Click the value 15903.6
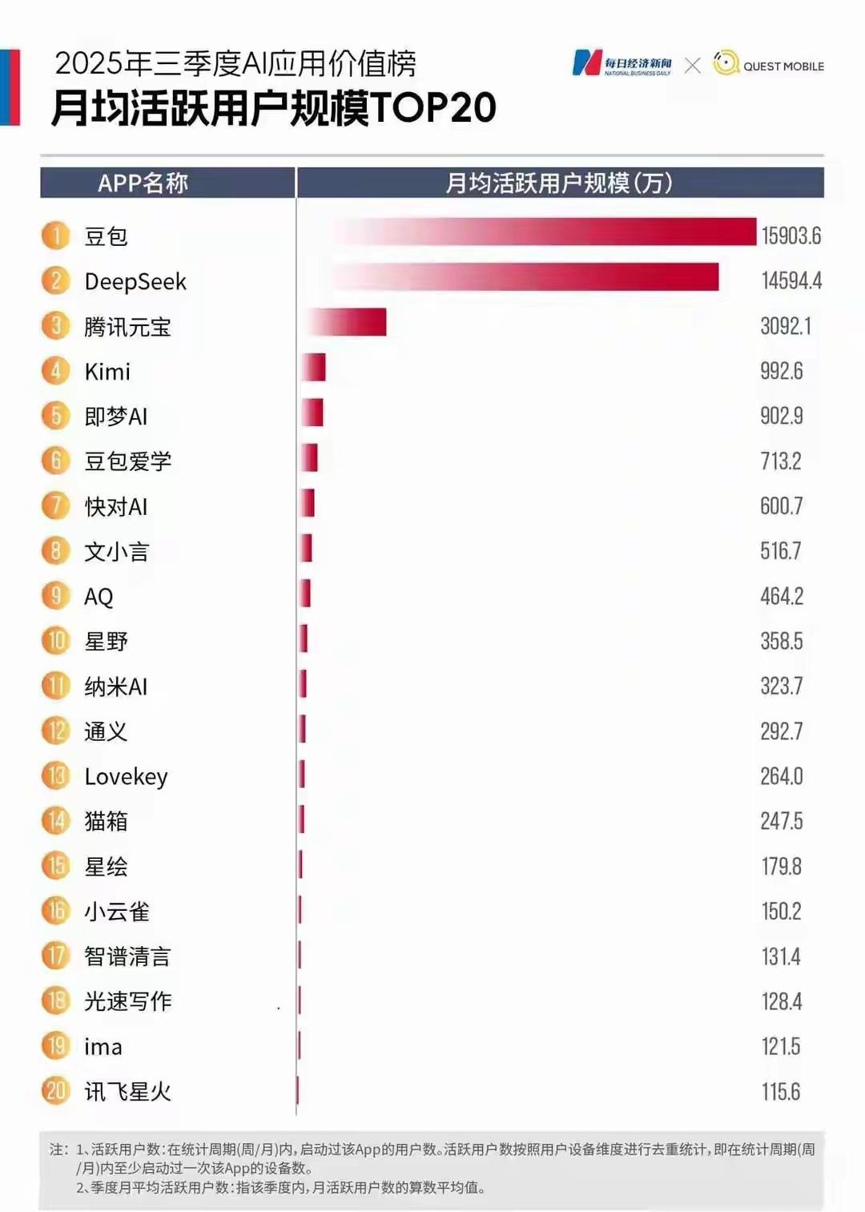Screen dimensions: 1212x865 pyautogui.click(x=791, y=236)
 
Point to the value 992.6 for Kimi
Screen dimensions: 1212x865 pyautogui.click(x=781, y=371)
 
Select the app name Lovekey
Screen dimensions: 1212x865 pyautogui.click(x=126, y=776)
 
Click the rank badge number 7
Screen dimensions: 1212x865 pyautogui.click(x=56, y=505)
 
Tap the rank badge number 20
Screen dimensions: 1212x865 pyautogui.click(x=56, y=1090)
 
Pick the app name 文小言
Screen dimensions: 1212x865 pyautogui.click(x=117, y=551)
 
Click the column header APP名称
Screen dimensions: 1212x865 pyautogui.click(x=143, y=183)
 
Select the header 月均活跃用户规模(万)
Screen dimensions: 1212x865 pyautogui.click(x=558, y=183)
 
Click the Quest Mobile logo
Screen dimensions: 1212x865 pyautogui.click(x=768, y=65)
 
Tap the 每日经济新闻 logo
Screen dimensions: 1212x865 pyautogui.click(x=622, y=63)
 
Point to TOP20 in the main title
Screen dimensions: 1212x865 pyautogui.click(x=433, y=107)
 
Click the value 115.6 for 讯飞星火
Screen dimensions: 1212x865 pyautogui.click(x=780, y=1091)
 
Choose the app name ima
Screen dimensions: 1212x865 pyautogui.click(x=103, y=1046)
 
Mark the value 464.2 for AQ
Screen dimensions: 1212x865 pyautogui.click(x=781, y=596)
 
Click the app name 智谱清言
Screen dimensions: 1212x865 pyautogui.click(x=127, y=956)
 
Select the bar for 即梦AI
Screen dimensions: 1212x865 pyautogui.click(x=313, y=413)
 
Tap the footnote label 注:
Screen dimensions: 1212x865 pyautogui.click(x=58, y=1149)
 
